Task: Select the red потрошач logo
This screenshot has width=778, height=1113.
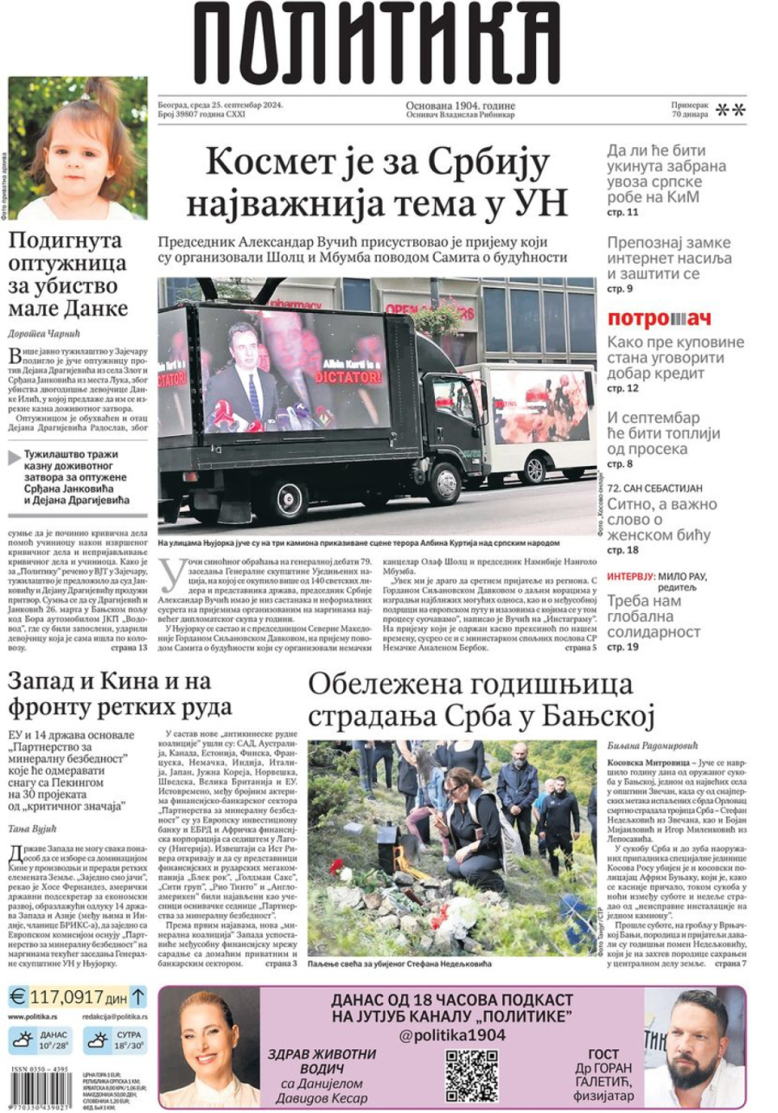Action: [x=659, y=318]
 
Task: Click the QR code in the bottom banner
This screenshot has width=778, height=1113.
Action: [x=471, y=1071]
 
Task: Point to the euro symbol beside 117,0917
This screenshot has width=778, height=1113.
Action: [x=18, y=995]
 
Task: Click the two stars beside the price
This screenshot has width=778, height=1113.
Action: [x=730, y=110]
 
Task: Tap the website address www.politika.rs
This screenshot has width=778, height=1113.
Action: [x=33, y=1017]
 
